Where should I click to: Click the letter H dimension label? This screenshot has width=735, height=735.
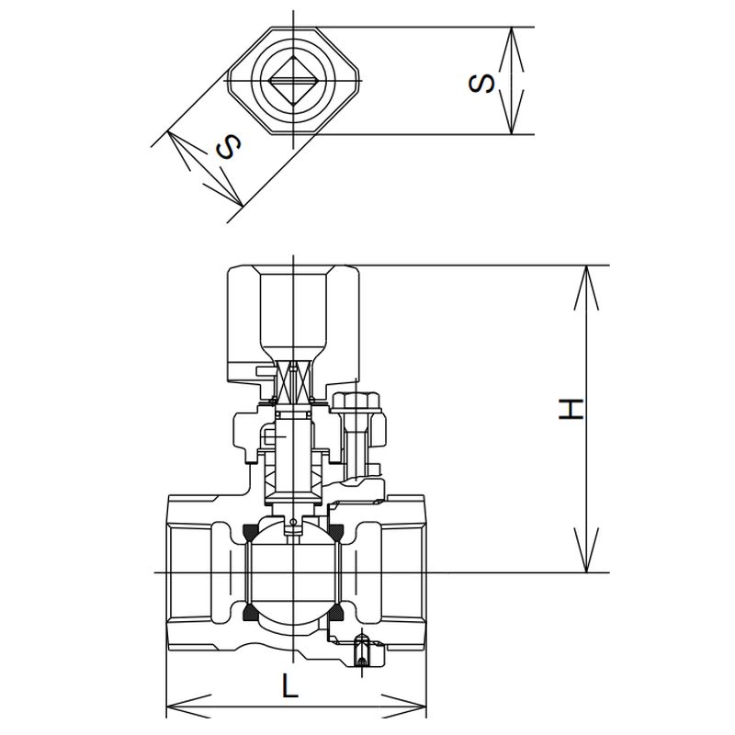point(571,409)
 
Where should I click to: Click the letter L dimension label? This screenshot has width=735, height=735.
point(290,684)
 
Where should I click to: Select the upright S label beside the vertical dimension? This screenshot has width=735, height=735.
point(481,83)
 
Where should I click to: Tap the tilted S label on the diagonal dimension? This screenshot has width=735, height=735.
point(228,146)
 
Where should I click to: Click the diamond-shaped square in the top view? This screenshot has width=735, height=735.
point(293,80)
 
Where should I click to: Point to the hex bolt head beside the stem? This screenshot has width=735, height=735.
point(356,401)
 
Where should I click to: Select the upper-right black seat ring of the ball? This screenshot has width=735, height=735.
point(337,531)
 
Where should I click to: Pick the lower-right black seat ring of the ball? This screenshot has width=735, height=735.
point(337,611)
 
